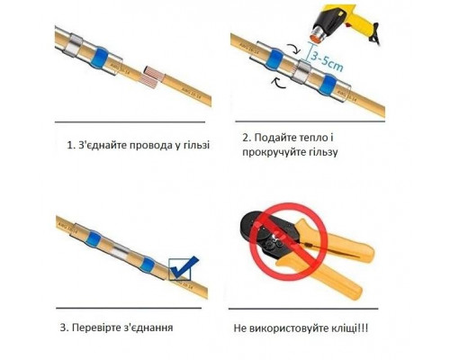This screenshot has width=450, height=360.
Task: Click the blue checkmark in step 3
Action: [186, 267]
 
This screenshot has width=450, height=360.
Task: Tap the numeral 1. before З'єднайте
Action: [70, 144]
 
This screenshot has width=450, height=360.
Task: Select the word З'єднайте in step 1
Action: [100, 144]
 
